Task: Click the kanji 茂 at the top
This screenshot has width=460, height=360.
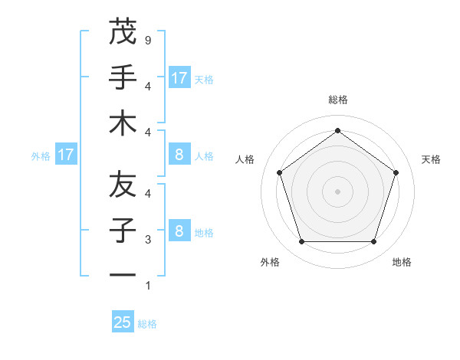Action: pyautogui.click(x=123, y=32)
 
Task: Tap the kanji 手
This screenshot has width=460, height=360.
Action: pyautogui.click(x=123, y=77)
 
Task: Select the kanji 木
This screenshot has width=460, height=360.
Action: pyautogui.click(x=123, y=124)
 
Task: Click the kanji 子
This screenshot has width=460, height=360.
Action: pyautogui.click(x=123, y=231)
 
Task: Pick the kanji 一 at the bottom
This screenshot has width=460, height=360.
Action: pyautogui.click(x=123, y=274)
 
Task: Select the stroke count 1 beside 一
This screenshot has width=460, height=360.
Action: pyautogui.click(x=149, y=285)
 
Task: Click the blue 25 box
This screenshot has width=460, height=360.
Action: pyautogui.click(x=123, y=322)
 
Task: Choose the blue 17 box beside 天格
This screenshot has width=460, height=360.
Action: pyautogui.click(x=179, y=77)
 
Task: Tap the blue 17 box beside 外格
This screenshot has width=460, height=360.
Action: pyautogui.click(x=66, y=155)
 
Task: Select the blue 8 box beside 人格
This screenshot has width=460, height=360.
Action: pyautogui.click(x=179, y=155)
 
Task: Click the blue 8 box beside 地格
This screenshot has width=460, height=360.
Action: pyautogui.click(x=179, y=231)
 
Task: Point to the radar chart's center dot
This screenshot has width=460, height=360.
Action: pyautogui.click(x=337, y=191)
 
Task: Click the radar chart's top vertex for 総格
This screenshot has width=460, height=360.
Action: pyautogui.click(x=337, y=130)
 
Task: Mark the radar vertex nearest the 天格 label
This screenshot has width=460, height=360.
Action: pyautogui.click(x=396, y=172)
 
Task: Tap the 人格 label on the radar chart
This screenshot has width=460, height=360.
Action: pyautogui.click(x=246, y=159)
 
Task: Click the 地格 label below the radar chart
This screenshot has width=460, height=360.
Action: pyautogui.click(x=402, y=262)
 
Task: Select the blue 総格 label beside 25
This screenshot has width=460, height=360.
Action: pyautogui.click(x=147, y=323)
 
